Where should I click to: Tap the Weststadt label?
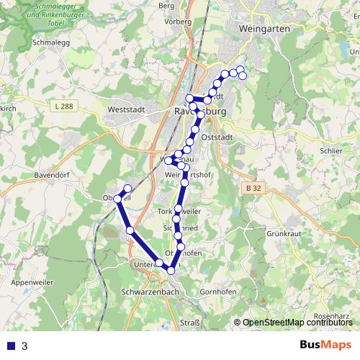point(126,109)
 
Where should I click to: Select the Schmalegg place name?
point(49,42)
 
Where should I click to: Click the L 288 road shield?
point(63,107)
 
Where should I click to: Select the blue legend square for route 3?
point(10,346)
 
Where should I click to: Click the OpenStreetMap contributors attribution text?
point(295,323)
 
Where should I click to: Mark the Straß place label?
point(189,323)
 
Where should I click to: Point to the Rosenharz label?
point(332,316)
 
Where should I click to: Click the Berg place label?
point(166,6)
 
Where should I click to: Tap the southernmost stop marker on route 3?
point(171,270)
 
